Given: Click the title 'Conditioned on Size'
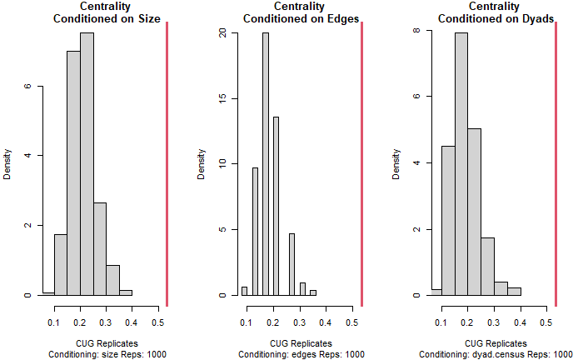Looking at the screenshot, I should [x=107, y=18].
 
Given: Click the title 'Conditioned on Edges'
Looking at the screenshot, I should [x=301, y=18].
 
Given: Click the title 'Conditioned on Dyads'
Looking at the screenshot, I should [x=495, y=18].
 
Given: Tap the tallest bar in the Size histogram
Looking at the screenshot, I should [x=87, y=167].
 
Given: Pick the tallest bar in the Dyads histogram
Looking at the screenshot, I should [x=461, y=167].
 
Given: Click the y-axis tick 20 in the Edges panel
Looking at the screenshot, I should [x=222, y=33].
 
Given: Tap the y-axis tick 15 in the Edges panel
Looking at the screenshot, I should [x=222, y=99].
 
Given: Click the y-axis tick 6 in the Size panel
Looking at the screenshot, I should [x=28, y=86].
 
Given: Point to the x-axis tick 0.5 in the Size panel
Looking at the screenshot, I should [x=158, y=322].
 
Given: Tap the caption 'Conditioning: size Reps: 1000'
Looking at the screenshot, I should [x=107, y=354].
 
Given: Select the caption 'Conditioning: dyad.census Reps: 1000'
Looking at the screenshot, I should [x=495, y=354].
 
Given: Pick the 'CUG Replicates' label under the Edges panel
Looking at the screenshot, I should [x=301, y=342].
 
